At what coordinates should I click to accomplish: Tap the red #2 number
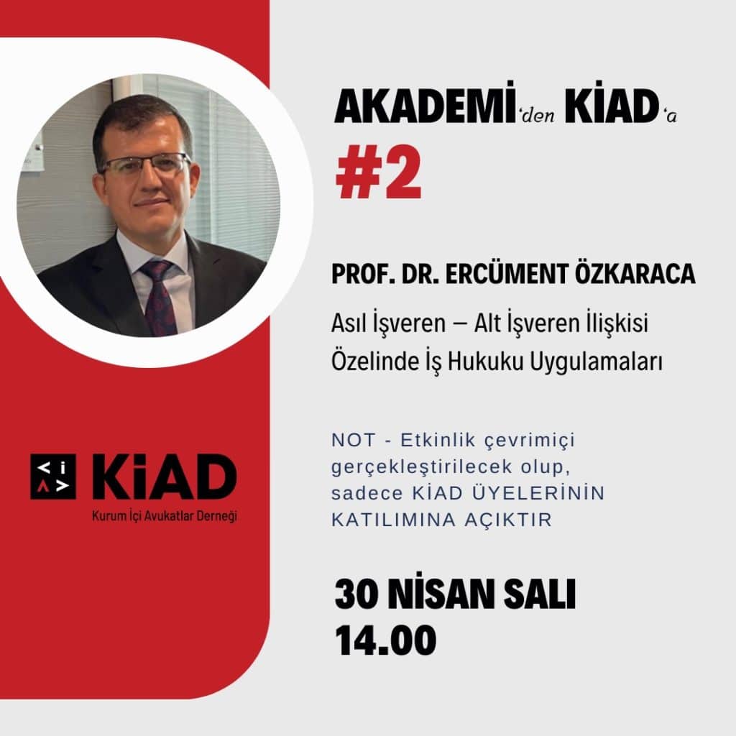(x=378, y=173)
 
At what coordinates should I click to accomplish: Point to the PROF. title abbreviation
(x=363, y=275)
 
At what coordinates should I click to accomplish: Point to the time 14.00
(x=385, y=640)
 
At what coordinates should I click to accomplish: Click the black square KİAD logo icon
(x=53, y=477)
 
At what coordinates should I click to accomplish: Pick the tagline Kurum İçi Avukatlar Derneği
(x=165, y=516)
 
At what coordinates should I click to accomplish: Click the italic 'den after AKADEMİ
(x=538, y=114)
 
